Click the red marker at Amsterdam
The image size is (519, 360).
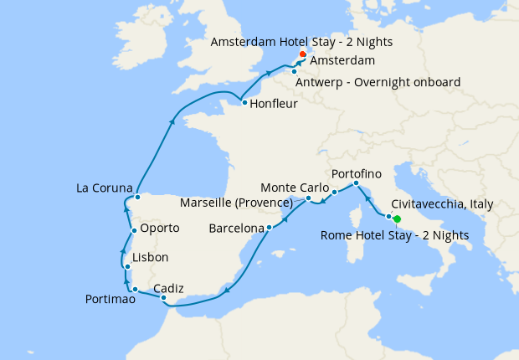tap(302, 55)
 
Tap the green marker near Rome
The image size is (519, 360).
tap(397, 219)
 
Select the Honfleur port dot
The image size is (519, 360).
tap(244, 103)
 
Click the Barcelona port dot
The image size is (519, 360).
tap(269, 227)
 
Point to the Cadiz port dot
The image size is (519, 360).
tap(164, 298)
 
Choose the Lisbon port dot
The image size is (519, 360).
tap(126, 267)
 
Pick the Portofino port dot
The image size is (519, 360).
tap(356, 183)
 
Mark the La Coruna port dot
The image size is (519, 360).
tap(137, 198)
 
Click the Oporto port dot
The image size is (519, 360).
tap(134, 230)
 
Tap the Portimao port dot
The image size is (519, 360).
tap(135, 290)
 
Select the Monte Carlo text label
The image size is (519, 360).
tap(292, 186)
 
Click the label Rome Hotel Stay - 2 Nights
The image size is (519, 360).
tap(395, 235)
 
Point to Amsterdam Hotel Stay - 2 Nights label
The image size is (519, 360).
tap(302, 41)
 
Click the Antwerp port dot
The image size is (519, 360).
tap(295, 71)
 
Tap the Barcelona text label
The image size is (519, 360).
tap(236, 227)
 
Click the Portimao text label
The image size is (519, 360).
tap(109, 299)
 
